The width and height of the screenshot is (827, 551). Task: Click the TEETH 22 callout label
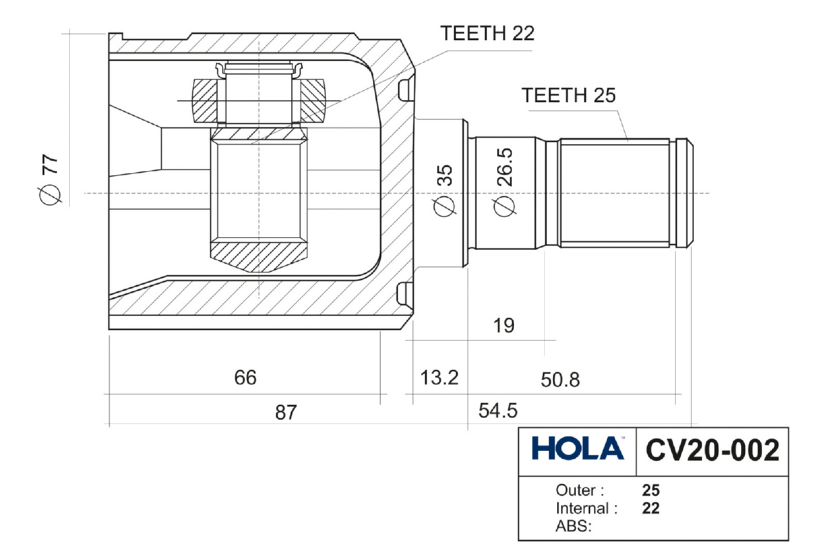pyautogui.click(x=487, y=34)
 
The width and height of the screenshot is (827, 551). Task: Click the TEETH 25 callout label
pyautogui.click(x=568, y=95)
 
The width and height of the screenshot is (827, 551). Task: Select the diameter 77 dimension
pyautogui.click(x=50, y=180)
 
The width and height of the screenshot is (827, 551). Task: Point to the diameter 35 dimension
pyautogui.click(x=444, y=190)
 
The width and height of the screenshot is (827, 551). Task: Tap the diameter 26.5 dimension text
pyautogui.click(x=504, y=182)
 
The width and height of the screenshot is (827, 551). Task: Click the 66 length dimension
pyautogui.click(x=245, y=377)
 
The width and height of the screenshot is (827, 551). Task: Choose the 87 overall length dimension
pyautogui.click(x=286, y=413)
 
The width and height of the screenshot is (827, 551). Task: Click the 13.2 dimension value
pyautogui.click(x=439, y=377)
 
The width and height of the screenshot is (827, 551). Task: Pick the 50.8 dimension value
pyautogui.click(x=560, y=380)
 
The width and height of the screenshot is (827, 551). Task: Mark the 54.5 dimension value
pyautogui.click(x=498, y=410)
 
